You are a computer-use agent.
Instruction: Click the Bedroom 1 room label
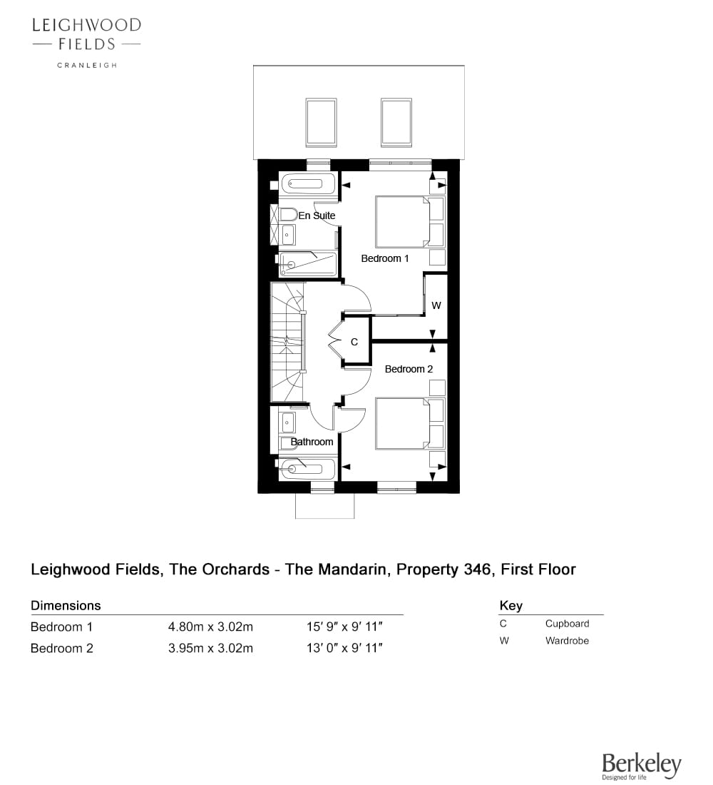tap(385, 258)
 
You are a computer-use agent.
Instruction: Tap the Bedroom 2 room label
tap(409, 369)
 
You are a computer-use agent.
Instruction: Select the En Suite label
tap(317, 216)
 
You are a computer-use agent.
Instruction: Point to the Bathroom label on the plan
tap(312, 442)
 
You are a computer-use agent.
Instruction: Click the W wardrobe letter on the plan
tap(436, 305)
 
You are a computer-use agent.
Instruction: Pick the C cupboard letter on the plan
tap(354, 342)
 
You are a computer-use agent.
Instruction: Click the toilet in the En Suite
tap(288, 215)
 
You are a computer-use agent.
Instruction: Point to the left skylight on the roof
tap(321, 123)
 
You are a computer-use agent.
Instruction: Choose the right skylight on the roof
tap(396, 123)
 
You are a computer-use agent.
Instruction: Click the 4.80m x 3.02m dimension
tap(210, 627)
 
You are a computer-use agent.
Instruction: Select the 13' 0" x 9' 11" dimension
tap(345, 648)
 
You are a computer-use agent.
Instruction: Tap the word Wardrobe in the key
tap(567, 640)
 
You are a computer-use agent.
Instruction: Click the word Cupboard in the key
tap(567, 623)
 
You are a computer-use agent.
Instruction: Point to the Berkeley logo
tap(642, 766)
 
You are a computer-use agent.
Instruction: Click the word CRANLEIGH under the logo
tap(87, 65)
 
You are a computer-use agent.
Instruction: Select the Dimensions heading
tap(66, 605)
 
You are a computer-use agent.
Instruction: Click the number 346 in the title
tap(477, 569)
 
